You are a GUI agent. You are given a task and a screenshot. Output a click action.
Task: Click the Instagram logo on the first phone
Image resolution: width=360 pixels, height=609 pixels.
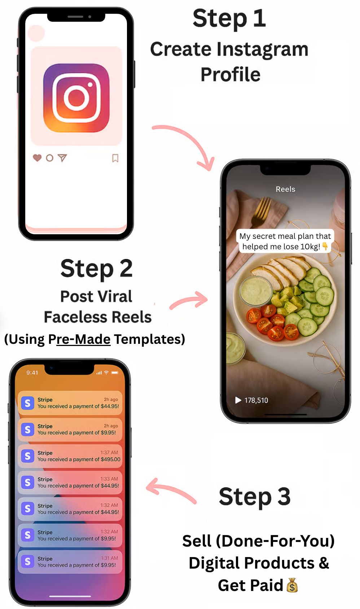[76, 98]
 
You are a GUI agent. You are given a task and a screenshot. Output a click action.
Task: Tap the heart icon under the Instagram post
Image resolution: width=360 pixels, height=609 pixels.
[37, 158]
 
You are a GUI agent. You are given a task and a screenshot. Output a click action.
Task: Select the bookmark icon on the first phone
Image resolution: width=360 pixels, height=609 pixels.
[115, 158]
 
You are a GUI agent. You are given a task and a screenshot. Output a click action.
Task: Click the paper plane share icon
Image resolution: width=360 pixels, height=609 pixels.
[62, 158]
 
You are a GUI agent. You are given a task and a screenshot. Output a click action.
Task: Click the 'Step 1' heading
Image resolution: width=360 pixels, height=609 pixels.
[229, 18]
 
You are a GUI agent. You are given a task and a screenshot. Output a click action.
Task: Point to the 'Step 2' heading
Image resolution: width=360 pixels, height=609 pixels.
[97, 269]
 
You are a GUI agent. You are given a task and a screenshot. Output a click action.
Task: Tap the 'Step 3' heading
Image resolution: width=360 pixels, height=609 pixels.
[255, 496]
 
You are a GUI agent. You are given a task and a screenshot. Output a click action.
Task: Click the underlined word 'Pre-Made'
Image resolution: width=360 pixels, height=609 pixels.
[83, 339]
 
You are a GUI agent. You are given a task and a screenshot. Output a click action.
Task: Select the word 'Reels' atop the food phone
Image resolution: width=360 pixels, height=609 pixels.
[285, 189]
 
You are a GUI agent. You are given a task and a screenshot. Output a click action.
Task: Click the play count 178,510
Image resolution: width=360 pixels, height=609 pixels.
[256, 400]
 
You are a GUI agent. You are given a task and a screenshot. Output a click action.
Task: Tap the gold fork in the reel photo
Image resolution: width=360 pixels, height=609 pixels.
[260, 211]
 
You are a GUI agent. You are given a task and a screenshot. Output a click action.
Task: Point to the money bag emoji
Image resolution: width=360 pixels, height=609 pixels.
[292, 585]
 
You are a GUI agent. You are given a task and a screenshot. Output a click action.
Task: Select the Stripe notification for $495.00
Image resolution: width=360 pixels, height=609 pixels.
[70, 456]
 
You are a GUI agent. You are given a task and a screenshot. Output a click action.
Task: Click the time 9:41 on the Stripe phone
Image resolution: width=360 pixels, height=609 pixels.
[32, 372]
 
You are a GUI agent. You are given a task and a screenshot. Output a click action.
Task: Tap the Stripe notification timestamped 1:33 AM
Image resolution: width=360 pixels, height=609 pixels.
[70, 482]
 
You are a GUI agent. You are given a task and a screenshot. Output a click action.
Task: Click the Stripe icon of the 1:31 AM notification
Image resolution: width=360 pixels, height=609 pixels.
[27, 561]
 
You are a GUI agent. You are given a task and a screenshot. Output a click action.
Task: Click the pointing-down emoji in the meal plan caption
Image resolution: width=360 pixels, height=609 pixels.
[325, 246]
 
